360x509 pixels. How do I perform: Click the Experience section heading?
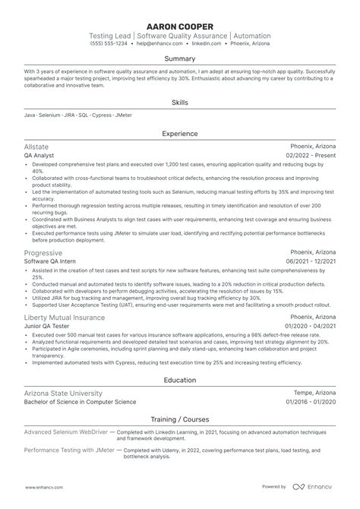point(180,134)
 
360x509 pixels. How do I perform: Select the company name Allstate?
point(38,145)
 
